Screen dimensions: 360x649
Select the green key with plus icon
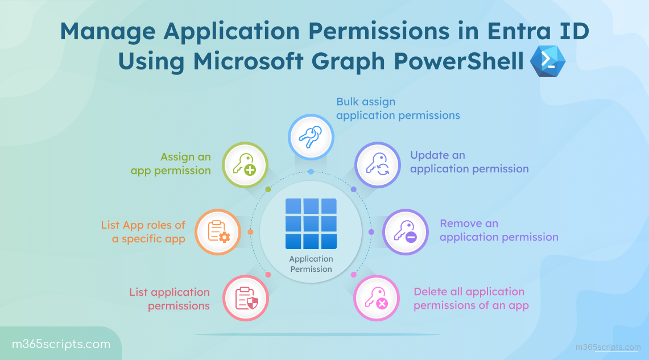244,165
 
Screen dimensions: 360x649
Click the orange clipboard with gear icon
217,232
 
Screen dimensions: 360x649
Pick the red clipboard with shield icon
246,298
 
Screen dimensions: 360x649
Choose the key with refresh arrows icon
377,165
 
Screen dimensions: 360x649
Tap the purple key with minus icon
404,232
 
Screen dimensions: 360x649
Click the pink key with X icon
376,298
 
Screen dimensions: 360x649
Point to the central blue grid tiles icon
311,224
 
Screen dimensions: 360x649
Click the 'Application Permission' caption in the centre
311,264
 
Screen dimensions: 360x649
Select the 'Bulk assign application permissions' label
398,109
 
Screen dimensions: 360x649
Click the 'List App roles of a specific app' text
143,232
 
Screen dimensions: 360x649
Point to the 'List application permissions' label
170,299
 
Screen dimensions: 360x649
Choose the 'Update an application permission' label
469,162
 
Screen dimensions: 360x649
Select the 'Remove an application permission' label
499,230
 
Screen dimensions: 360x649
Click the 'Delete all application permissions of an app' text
470,299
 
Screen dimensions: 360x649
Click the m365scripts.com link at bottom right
607,347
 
